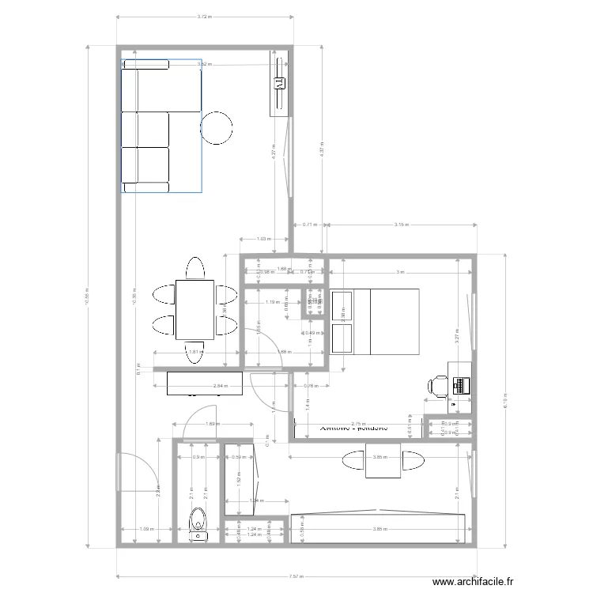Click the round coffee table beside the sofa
(x=216, y=127)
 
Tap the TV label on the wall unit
(x=279, y=80)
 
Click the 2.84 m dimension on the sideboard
(x=220, y=387)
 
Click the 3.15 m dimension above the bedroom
(x=401, y=225)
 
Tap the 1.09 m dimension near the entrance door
(x=146, y=529)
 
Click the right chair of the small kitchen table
(x=414, y=461)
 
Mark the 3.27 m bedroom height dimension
(x=459, y=334)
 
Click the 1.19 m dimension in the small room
(x=271, y=302)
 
